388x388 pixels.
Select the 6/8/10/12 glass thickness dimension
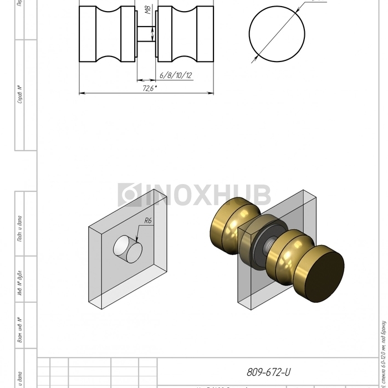[176, 75]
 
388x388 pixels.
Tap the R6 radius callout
[148, 221]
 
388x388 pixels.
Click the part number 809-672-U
[269, 372]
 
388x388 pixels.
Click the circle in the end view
[277, 34]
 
